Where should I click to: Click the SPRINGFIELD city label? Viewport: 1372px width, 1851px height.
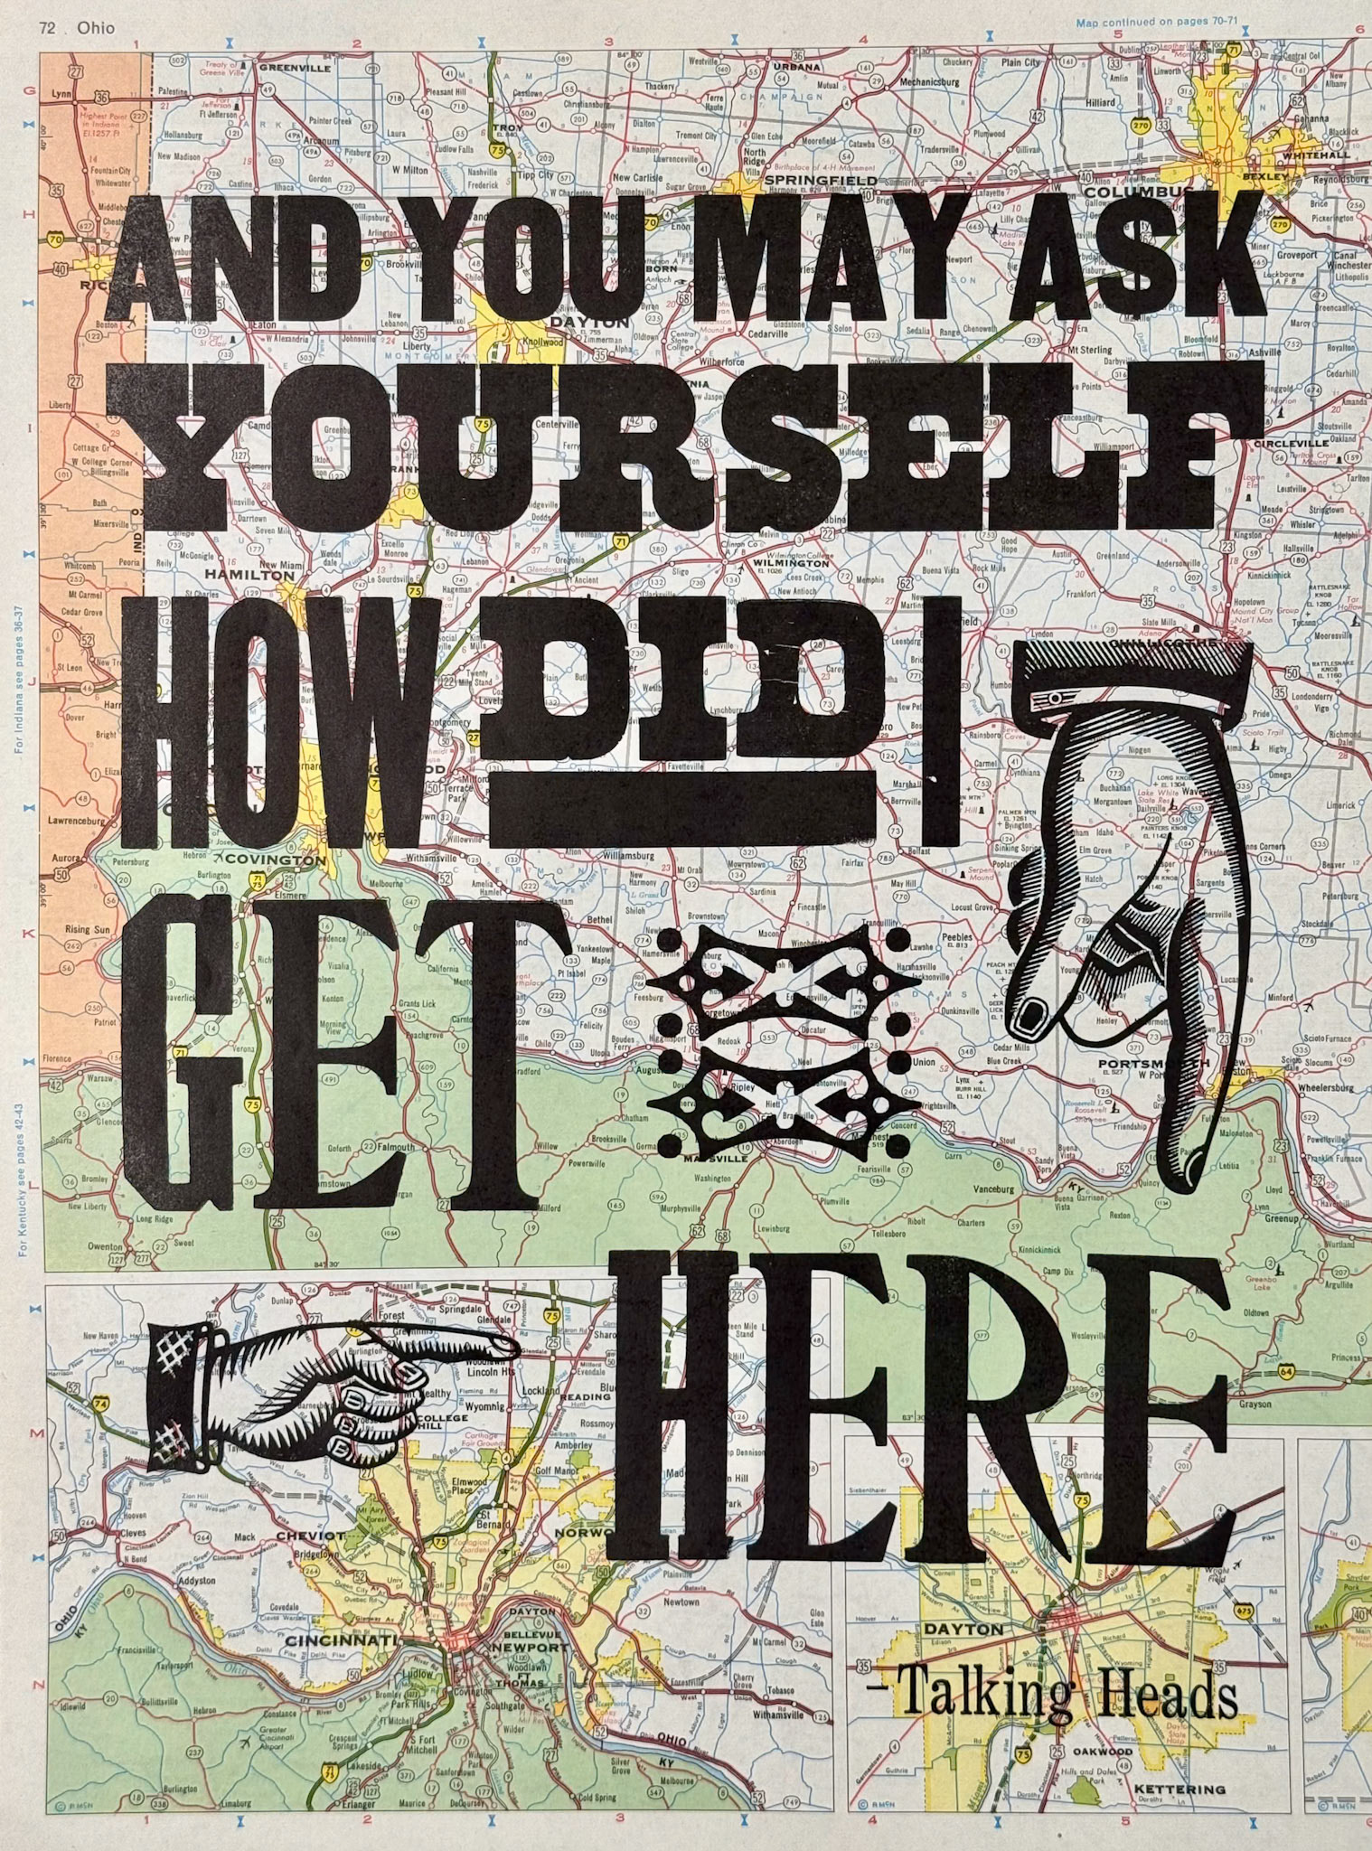pyautogui.click(x=807, y=181)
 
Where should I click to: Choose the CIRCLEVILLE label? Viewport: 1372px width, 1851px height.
pyautogui.click(x=1290, y=444)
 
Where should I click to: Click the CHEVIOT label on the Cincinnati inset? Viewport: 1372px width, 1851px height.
pyautogui.click(x=305, y=1535)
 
